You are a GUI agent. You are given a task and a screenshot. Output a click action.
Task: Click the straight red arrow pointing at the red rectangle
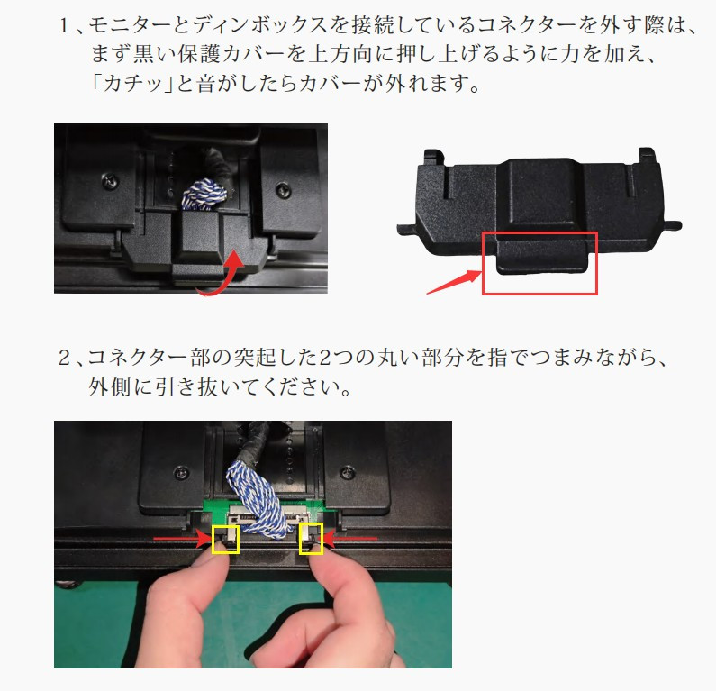point(454,282)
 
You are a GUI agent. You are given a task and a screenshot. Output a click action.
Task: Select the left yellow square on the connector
point(213,539)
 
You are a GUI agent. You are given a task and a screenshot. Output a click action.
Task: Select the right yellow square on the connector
point(300,539)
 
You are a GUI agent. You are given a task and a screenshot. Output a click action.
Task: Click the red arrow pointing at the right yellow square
point(350,539)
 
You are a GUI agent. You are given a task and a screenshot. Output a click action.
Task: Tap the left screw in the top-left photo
point(110,181)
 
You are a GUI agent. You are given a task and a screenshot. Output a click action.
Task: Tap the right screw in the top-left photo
point(284,188)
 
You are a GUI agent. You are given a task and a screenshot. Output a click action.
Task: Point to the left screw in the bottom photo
point(182,472)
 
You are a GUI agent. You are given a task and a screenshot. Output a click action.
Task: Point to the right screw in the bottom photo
point(348,470)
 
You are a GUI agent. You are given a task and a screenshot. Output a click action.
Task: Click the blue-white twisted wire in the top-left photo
point(204,195)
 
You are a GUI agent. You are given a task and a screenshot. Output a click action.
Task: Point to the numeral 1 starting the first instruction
point(64,25)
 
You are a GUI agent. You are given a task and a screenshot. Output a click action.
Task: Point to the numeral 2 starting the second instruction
point(64,358)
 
